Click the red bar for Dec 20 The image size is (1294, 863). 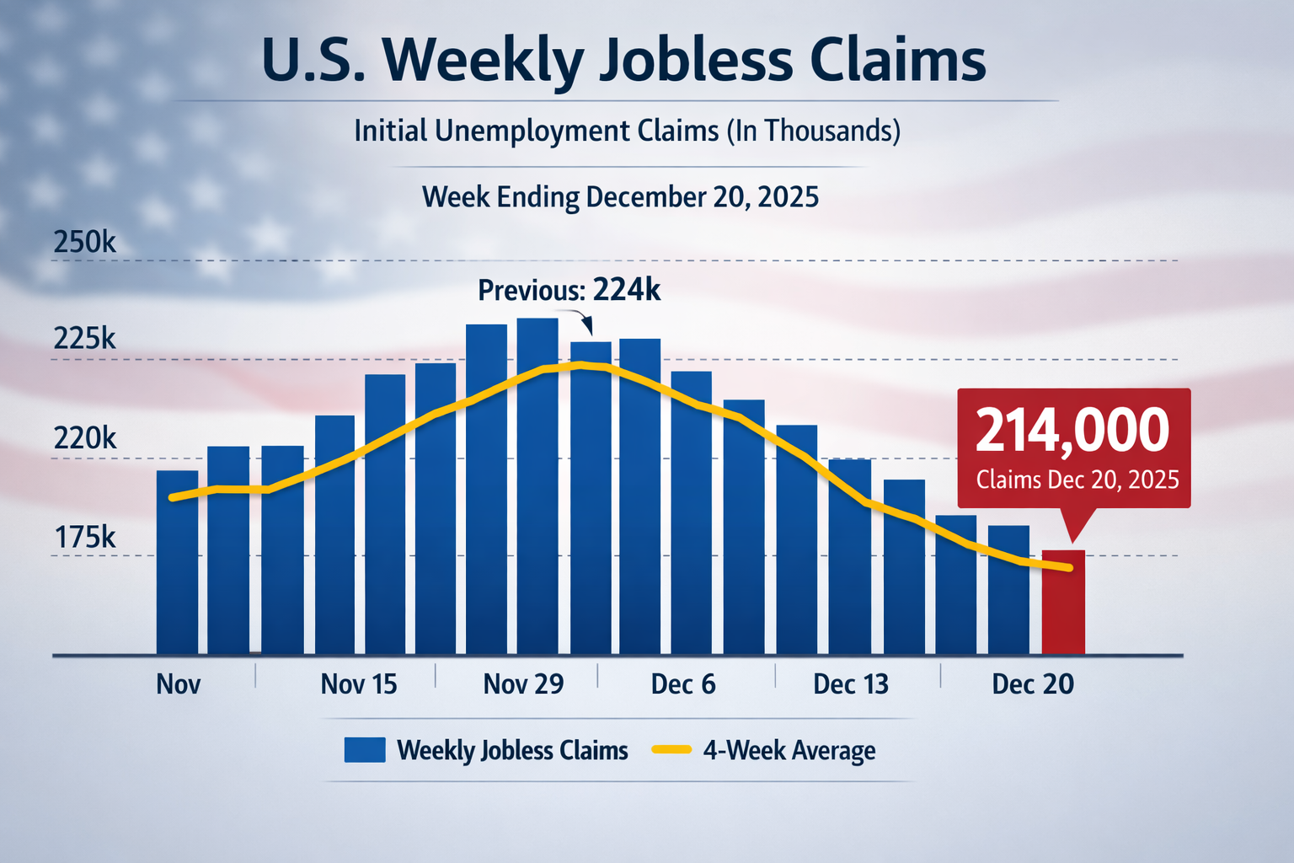(x=1063, y=602)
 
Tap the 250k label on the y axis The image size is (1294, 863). (x=85, y=243)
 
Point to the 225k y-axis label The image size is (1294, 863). (x=85, y=339)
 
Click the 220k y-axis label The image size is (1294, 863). (x=85, y=438)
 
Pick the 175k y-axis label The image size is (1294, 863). (x=85, y=537)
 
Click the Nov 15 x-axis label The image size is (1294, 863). (x=359, y=684)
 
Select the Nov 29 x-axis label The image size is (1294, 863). (x=523, y=684)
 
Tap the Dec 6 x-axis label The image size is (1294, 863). (x=683, y=684)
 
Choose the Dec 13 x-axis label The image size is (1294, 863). (x=851, y=684)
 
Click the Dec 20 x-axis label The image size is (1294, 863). (x=1033, y=684)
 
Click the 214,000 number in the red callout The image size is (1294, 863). (x=1072, y=431)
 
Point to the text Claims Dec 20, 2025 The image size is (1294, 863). (x=1077, y=480)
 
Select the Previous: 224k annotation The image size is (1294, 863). (x=569, y=291)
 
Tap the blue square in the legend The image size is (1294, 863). (x=365, y=750)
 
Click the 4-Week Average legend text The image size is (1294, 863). (x=789, y=750)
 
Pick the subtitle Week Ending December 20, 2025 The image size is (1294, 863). (x=620, y=197)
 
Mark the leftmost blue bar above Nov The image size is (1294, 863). (x=177, y=562)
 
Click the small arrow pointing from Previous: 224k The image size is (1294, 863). (x=586, y=324)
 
